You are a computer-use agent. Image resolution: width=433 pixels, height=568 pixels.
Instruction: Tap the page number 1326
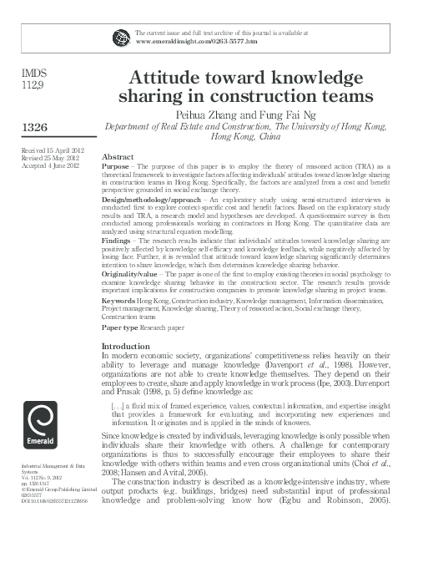point(38,126)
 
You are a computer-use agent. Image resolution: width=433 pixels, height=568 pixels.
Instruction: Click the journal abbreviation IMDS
point(33,73)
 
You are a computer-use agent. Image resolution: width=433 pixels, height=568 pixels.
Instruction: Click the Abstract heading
point(118,157)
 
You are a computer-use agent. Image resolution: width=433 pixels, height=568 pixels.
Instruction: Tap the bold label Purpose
point(115,166)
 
